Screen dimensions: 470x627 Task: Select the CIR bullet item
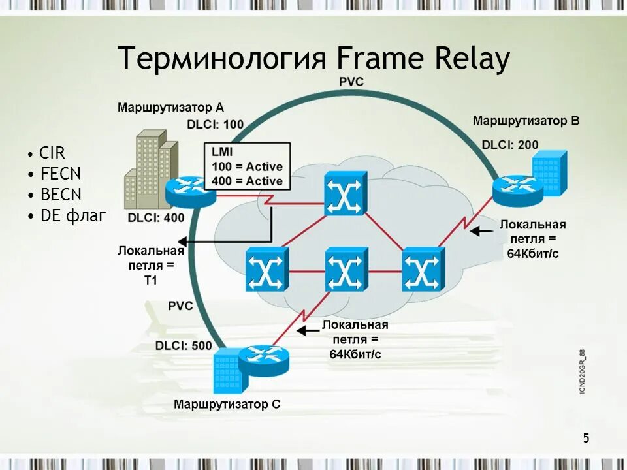(52, 153)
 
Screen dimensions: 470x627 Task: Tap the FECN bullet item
(59, 174)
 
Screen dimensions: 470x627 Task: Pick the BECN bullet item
(60, 195)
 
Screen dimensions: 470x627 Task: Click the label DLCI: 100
(215, 124)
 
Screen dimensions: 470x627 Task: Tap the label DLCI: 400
(156, 218)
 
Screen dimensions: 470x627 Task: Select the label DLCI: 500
(184, 345)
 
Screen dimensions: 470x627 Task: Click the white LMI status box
(248, 167)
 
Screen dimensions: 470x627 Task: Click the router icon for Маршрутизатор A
(190, 189)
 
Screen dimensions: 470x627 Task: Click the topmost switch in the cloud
(346, 194)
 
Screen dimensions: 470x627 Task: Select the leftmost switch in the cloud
(266, 269)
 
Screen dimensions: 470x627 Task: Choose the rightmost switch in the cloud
(423, 269)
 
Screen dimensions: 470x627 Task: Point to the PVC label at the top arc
(351, 82)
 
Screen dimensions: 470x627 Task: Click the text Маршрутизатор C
(227, 404)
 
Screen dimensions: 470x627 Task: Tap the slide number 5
(586, 438)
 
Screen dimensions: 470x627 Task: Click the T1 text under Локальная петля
(151, 280)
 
